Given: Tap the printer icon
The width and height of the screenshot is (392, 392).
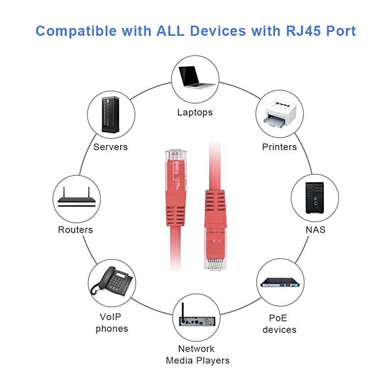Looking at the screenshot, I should click(x=279, y=114).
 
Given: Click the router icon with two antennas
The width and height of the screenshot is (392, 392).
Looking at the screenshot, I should click(x=76, y=198).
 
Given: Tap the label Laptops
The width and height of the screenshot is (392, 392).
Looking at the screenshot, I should click(x=195, y=112).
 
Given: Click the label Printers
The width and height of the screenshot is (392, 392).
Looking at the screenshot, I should click(x=279, y=147).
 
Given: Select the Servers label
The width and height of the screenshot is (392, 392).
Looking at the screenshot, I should click(x=111, y=147).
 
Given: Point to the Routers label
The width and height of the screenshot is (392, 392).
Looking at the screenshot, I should click(x=75, y=230).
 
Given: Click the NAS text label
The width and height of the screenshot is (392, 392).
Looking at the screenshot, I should click(x=315, y=230).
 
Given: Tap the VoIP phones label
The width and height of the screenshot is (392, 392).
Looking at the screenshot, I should click(x=112, y=322).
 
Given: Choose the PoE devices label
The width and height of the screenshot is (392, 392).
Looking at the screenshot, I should click(x=279, y=323).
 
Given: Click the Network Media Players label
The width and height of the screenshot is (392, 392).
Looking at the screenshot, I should click(x=197, y=355).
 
